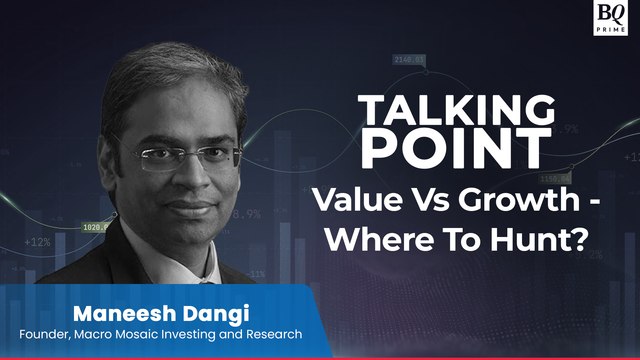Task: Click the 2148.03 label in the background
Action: [x=410, y=59]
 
